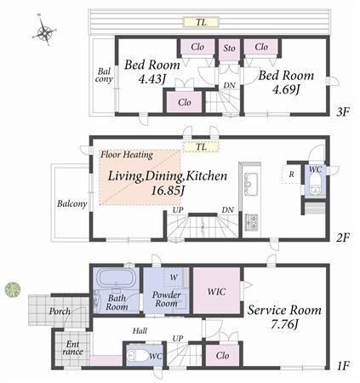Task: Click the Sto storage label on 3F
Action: pos(229,48)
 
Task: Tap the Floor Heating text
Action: pos(127,155)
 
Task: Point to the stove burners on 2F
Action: pos(252,221)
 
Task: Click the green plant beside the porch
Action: pos(12,289)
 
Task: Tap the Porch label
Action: pos(60,312)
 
